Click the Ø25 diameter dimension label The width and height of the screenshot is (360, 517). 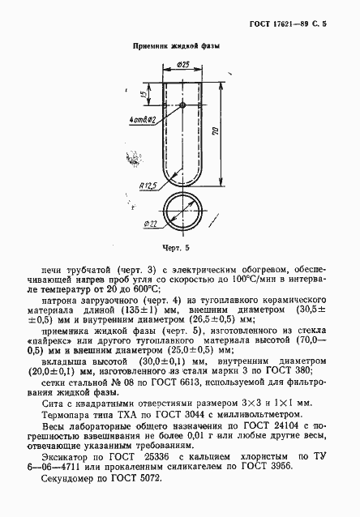182,65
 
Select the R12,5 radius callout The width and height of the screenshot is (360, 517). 148,186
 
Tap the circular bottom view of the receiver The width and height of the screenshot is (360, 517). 183,211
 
